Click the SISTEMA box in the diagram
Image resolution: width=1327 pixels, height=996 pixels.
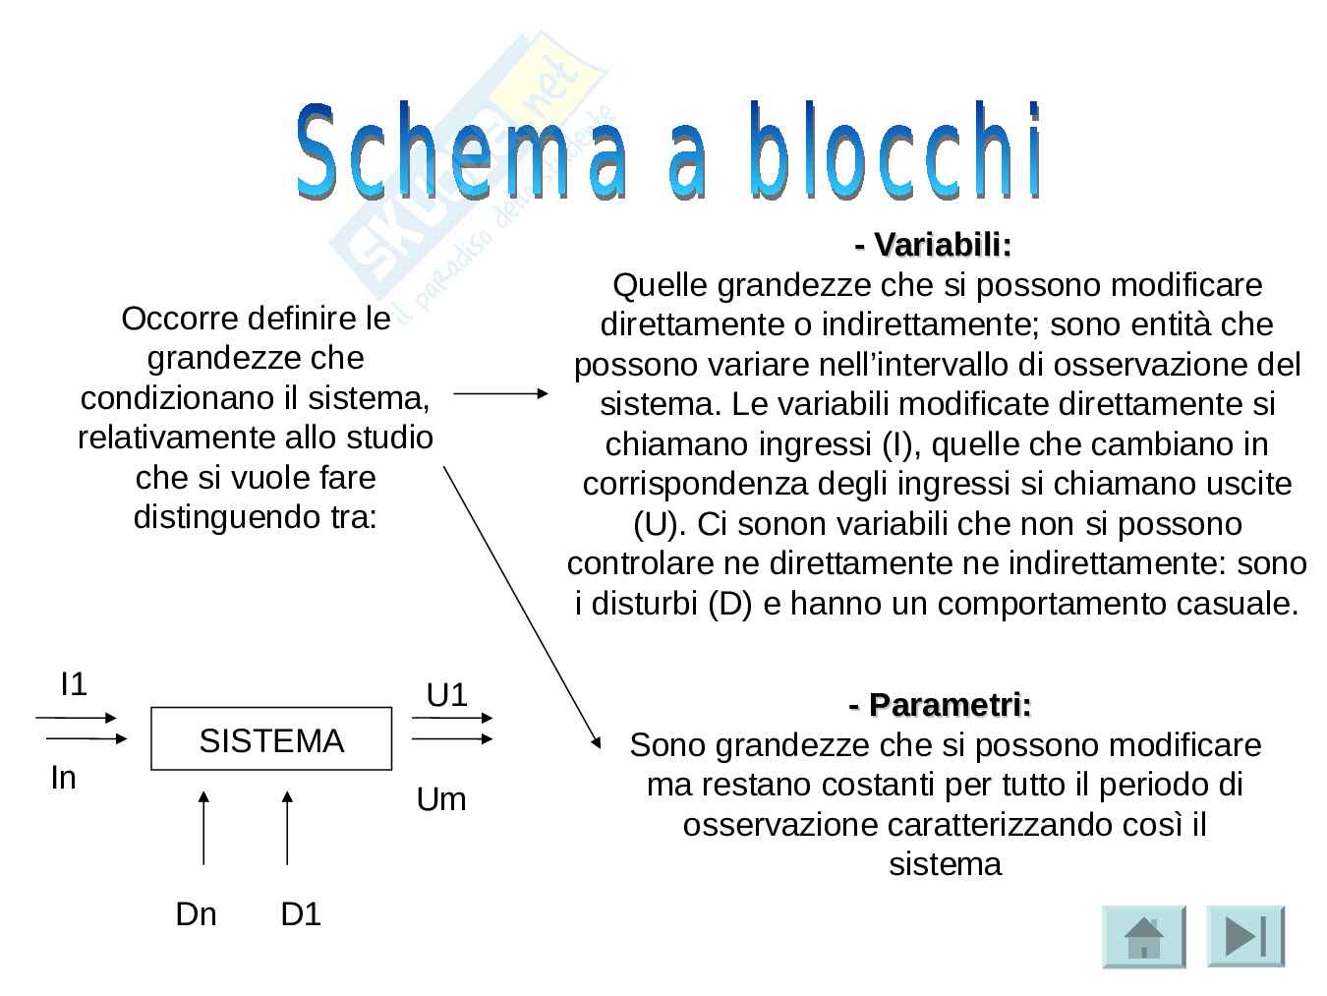[271, 739]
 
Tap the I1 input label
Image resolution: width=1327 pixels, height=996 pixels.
[74, 684]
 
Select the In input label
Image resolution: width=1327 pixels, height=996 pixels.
[63, 778]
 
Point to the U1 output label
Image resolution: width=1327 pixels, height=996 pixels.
[446, 696]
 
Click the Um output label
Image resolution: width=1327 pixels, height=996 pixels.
[441, 799]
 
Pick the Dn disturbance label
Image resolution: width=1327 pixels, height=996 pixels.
[196, 914]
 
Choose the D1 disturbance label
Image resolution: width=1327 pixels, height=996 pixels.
[301, 914]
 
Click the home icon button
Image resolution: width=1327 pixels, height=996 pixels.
[1143, 936]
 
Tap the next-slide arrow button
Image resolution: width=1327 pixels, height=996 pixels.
[1244, 936]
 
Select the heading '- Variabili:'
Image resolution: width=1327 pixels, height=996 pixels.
[933, 244]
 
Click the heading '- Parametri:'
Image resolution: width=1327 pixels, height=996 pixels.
[940, 705]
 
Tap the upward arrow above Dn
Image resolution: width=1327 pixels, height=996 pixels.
[203, 826]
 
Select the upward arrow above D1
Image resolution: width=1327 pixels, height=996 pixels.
[287, 826]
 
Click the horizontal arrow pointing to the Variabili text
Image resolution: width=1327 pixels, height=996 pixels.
[500, 393]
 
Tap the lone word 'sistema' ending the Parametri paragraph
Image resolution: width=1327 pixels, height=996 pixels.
[945, 864]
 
